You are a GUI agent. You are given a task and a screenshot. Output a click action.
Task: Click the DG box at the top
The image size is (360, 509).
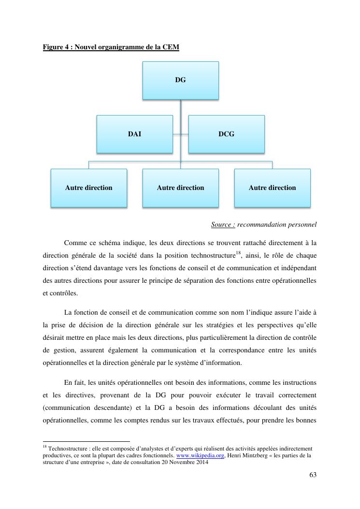pos(180,80)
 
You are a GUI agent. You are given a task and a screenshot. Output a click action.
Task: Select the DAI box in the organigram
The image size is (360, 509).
pos(134,134)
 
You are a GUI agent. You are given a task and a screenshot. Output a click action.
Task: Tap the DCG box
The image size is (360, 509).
pos(226,134)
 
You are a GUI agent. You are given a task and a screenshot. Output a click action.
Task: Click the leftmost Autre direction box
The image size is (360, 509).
pos(88,188)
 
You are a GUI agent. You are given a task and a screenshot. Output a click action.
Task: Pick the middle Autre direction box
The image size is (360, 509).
pos(180,188)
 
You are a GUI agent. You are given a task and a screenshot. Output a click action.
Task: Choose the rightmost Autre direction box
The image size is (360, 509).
pos(272,188)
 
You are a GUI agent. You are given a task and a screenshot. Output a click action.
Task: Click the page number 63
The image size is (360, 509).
pos(312,475)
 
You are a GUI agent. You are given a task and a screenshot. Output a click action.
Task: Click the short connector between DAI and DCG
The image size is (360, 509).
pos(180,134)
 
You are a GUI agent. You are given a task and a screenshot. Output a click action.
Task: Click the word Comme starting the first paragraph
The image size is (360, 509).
pos(73,242)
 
